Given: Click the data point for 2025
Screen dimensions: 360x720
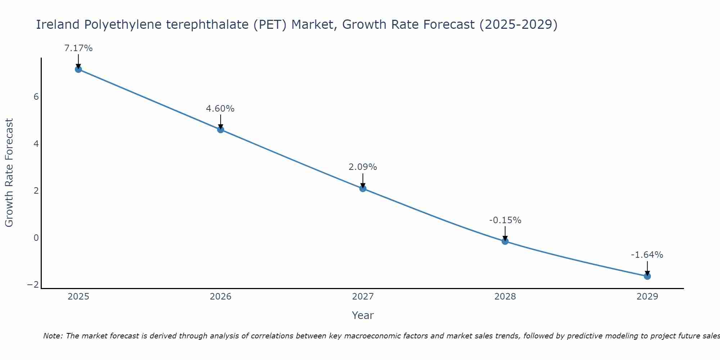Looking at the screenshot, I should point(78,69).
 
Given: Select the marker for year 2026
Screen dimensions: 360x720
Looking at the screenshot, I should point(221,130).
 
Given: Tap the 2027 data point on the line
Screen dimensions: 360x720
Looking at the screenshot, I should point(363,188).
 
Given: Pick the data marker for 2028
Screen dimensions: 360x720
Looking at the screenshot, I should point(505,241).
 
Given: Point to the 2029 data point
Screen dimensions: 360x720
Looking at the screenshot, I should point(647,276).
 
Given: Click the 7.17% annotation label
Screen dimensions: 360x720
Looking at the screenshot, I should point(78,48).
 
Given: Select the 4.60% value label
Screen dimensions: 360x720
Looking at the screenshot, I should point(220,109).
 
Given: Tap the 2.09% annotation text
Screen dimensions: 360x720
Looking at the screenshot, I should point(363,167).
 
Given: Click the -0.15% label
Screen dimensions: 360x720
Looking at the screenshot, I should point(505,220).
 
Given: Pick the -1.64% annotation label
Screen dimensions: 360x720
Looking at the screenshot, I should point(647,255).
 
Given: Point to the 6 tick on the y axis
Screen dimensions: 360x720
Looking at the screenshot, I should point(36,97).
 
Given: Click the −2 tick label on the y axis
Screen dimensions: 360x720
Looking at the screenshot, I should point(33,285).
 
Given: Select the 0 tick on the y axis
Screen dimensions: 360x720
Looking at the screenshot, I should point(36,238).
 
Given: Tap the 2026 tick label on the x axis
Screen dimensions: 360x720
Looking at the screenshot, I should point(221,297).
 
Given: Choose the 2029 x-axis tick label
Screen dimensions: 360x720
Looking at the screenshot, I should point(647,297).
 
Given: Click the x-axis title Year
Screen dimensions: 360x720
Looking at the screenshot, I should point(363,315).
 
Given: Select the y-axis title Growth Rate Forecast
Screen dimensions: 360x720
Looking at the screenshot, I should point(9,173).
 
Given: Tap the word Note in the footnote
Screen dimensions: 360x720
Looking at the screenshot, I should point(53,336).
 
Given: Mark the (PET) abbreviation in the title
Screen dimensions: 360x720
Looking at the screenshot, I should point(270,25).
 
